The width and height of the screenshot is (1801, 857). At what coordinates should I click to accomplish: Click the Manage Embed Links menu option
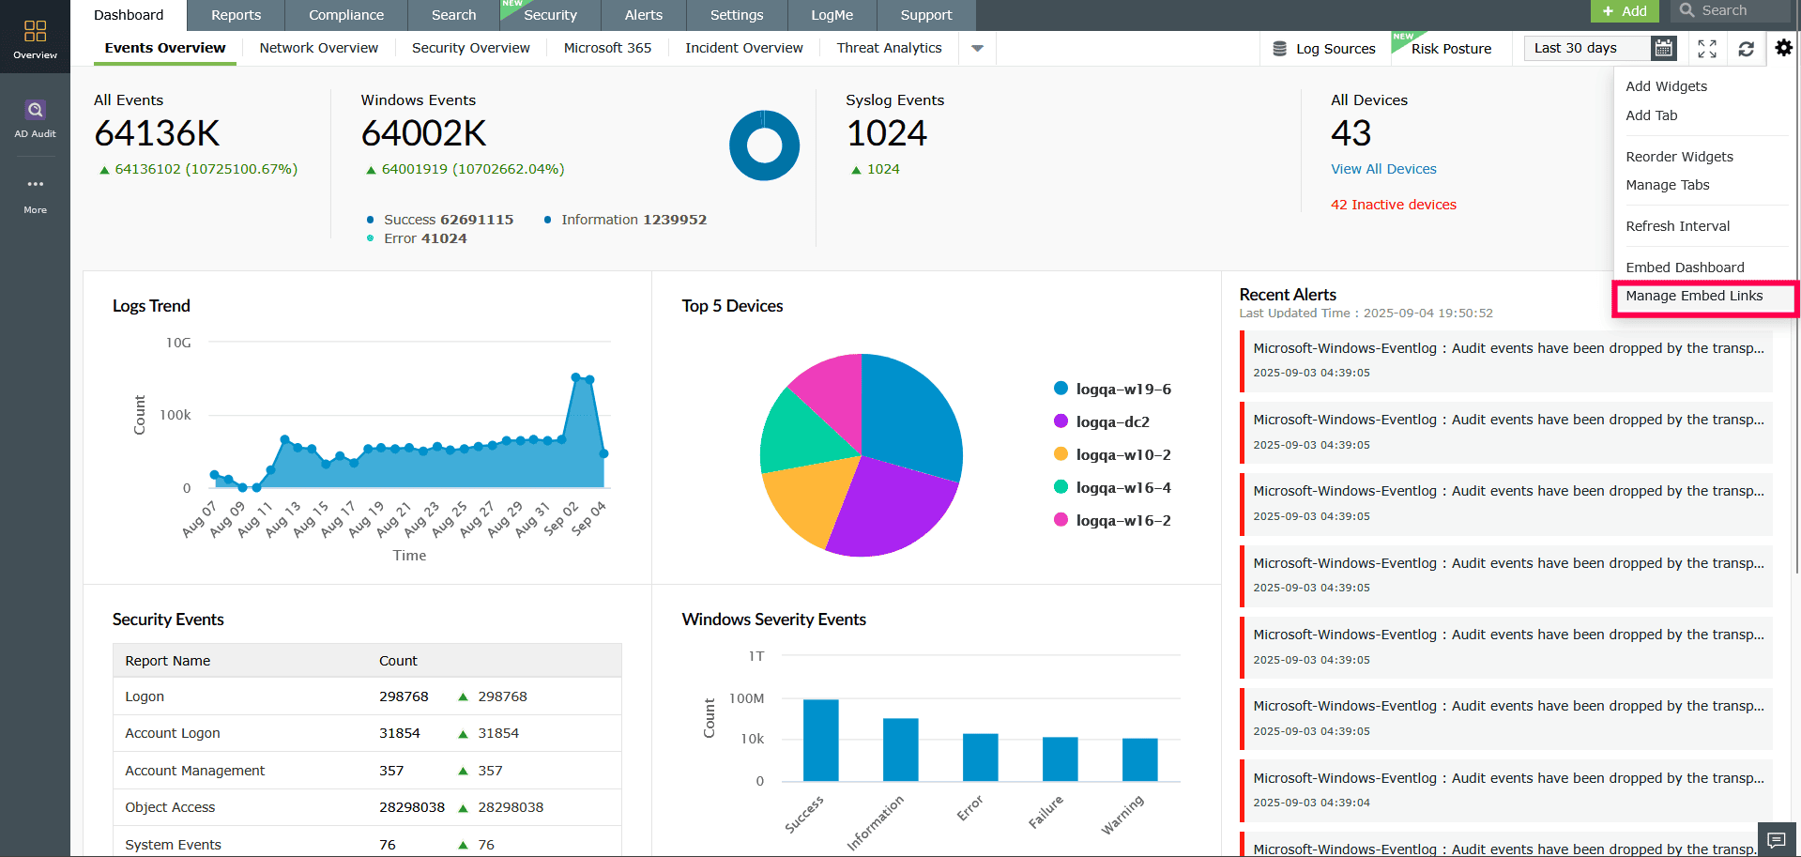tap(1694, 296)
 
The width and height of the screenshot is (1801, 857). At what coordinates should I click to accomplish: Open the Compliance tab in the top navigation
tap(346, 15)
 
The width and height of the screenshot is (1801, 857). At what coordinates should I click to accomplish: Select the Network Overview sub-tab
tap(318, 48)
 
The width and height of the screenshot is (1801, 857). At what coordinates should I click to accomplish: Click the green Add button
tap(1625, 11)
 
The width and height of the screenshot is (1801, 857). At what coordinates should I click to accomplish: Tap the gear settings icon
tap(1783, 48)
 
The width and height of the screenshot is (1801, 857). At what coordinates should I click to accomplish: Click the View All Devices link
tap(1383, 169)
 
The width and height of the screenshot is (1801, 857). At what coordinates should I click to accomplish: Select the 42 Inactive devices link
tap(1393, 205)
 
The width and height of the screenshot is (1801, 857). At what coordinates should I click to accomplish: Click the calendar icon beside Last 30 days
tap(1663, 48)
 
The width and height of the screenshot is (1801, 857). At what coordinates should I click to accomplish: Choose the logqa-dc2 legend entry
tap(1112, 422)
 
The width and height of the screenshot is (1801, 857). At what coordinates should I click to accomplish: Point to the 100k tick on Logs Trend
tap(176, 415)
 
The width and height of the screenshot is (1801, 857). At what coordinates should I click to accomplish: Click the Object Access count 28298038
tap(411, 807)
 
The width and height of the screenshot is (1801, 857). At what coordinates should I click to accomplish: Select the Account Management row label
tap(195, 771)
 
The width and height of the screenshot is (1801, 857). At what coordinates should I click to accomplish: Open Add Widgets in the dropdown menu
tap(1666, 86)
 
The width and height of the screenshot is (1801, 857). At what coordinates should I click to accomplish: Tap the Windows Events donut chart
tap(764, 145)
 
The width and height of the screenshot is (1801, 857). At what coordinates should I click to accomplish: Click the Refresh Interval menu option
tap(1677, 226)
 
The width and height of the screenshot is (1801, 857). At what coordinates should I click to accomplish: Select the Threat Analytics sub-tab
tap(889, 48)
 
